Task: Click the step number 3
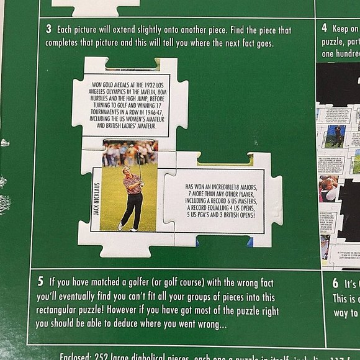48,29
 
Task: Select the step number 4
324,29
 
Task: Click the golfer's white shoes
127,227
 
